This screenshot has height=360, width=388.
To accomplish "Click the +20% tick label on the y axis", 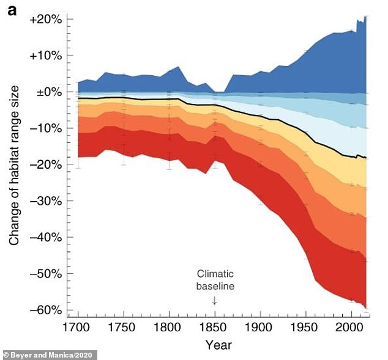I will point(46,20).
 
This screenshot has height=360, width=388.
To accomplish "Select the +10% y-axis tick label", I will point(46,56).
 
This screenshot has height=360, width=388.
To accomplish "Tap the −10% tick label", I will point(46,128).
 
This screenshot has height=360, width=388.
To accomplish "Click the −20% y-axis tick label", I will point(46,164).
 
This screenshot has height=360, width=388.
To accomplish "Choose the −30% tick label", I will point(46,201).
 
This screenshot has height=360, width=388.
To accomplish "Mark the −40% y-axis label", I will point(46,237).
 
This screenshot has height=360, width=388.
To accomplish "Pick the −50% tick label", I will point(46,274).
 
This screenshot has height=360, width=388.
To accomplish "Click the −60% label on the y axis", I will point(46,310).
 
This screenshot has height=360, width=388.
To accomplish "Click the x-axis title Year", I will point(218,343).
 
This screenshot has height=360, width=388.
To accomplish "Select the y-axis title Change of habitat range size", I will point(14,165).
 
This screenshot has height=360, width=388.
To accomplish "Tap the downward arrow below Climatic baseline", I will point(215,300).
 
